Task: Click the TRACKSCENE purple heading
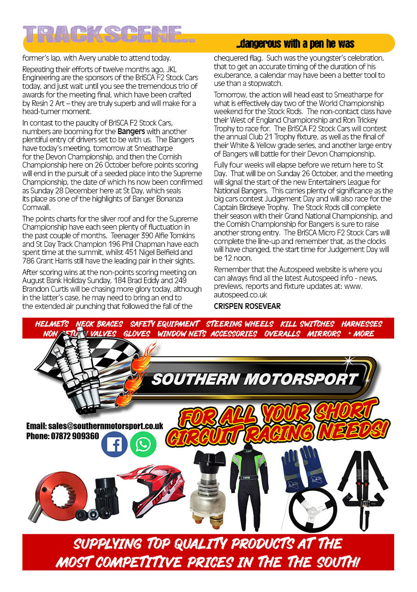(109, 34)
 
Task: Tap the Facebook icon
(114, 444)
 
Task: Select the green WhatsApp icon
(143, 444)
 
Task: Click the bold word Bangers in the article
(132, 131)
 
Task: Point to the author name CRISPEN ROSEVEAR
(247, 306)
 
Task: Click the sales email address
(94, 426)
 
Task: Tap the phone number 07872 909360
(63, 436)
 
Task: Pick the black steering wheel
(313, 510)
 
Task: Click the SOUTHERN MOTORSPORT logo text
(254, 380)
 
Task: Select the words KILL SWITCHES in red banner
(307, 324)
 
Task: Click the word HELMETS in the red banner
(52, 324)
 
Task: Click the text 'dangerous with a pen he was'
(295, 44)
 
